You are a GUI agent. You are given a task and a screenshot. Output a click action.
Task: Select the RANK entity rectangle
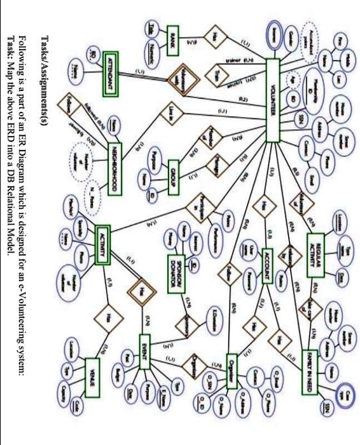click(172, 38)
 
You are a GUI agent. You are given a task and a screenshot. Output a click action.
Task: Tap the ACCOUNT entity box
click(268, 263)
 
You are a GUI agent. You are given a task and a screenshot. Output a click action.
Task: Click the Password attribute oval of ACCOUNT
click(246, 280)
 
